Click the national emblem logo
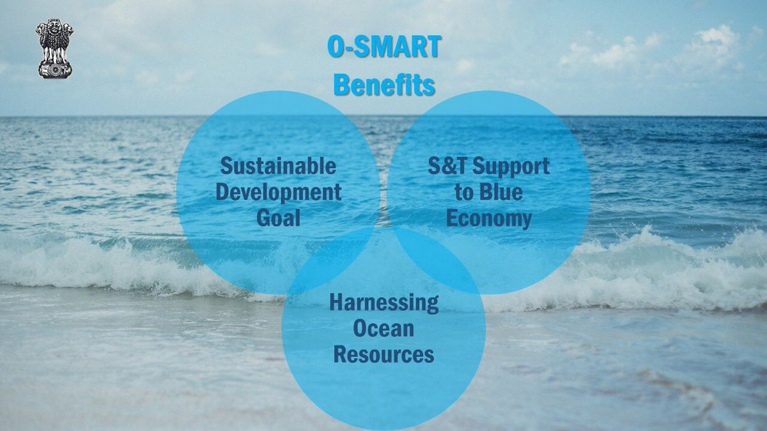point(54,49)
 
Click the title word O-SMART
point(384,47)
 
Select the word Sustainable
point(278,166)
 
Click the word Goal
point(279,218)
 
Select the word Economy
point(488,220)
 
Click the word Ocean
point(383,328)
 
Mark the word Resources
point(384,354)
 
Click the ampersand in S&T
point(447,166)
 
